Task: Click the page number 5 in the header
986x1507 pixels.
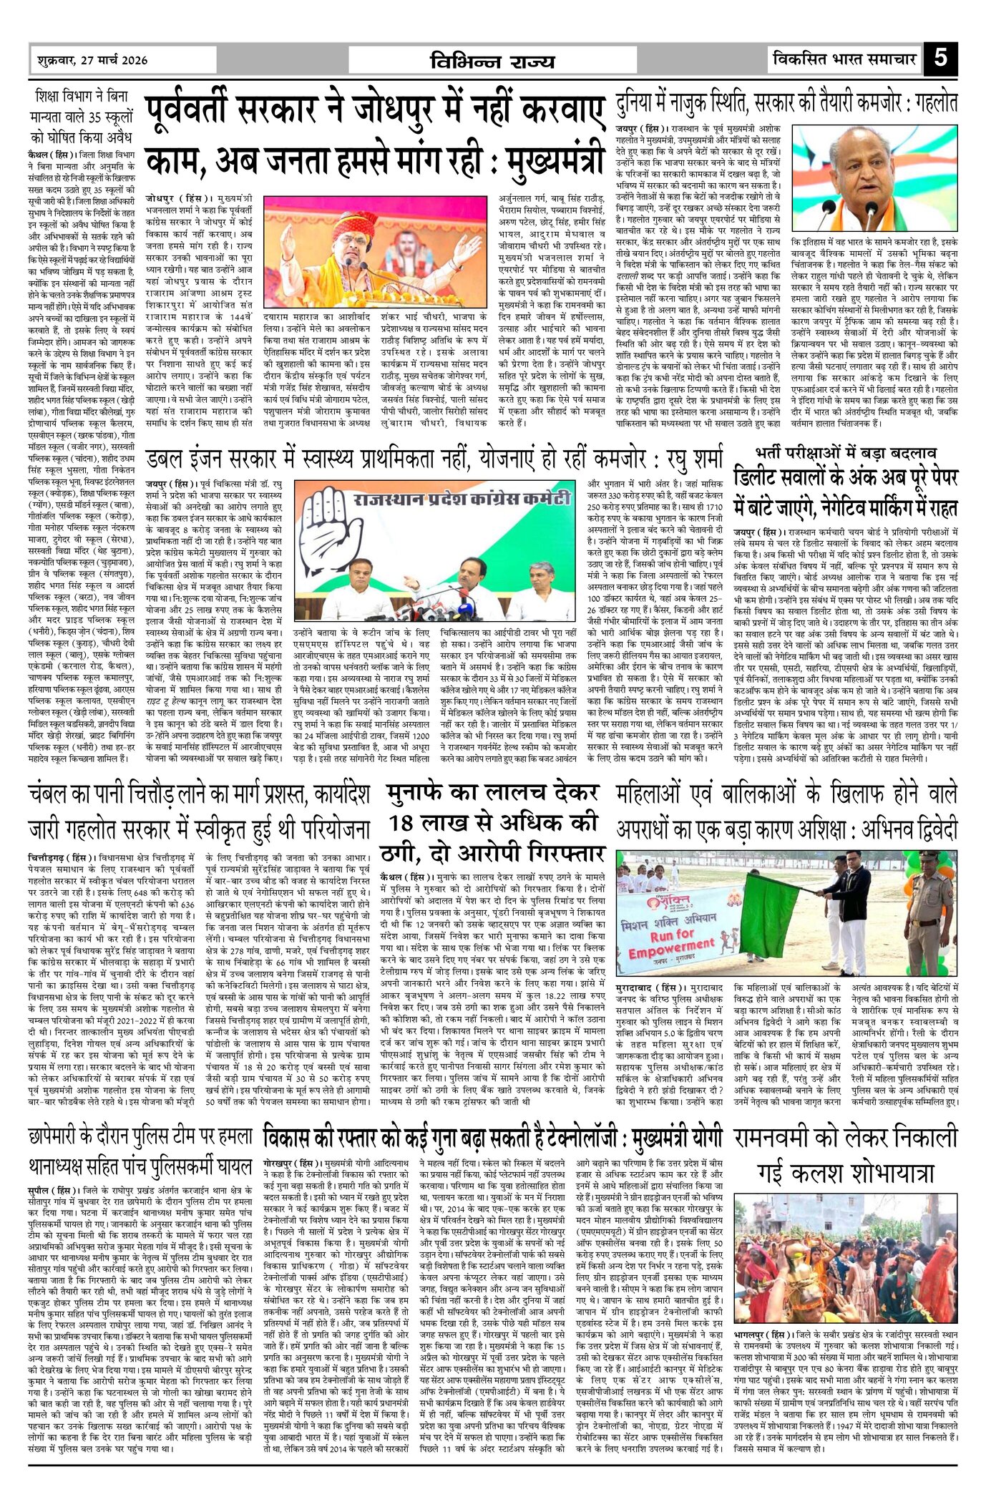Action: [940, 57]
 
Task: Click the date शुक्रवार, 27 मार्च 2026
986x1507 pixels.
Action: [92, 60]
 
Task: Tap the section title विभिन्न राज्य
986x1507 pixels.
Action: [492, 61]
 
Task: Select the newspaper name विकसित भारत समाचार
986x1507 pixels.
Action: [844, 59]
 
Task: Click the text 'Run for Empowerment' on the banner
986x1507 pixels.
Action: [672, 941]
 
